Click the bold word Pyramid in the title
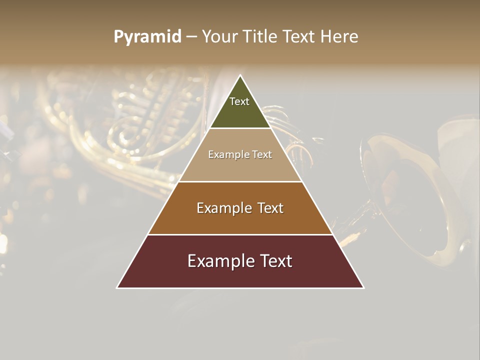coord(147,37)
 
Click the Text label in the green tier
coord(239,101)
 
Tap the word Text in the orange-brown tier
coord(270,208)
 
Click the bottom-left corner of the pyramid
coord(117,287)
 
